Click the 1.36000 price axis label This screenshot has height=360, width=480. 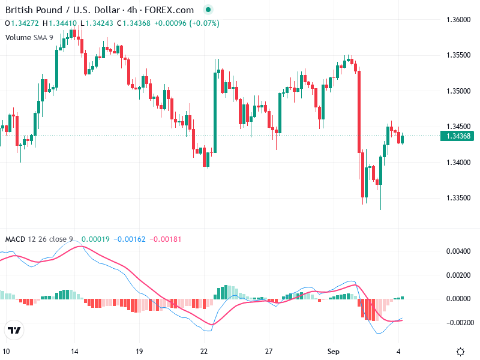458,20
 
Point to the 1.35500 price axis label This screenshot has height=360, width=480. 458,55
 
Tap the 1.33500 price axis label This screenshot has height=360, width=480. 458,198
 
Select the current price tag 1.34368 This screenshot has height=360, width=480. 458,136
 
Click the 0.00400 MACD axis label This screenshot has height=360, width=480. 459,251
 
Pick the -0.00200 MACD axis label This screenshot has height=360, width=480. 458,322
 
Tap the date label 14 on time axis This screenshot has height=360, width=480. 74,352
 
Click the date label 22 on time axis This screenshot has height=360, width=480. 204,352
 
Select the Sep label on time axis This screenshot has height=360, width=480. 334,352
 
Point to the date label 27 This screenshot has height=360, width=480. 269,352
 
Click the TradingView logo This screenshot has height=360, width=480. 14,330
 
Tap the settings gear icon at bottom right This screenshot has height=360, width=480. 460,352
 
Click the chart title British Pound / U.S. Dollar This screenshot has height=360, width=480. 64,10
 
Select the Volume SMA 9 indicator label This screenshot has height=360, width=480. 29,37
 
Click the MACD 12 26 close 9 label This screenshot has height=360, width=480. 39,239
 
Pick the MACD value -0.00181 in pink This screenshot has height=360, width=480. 163,239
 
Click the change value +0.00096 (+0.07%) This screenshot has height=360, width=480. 187,23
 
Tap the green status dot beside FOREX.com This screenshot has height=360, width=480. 208,10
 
